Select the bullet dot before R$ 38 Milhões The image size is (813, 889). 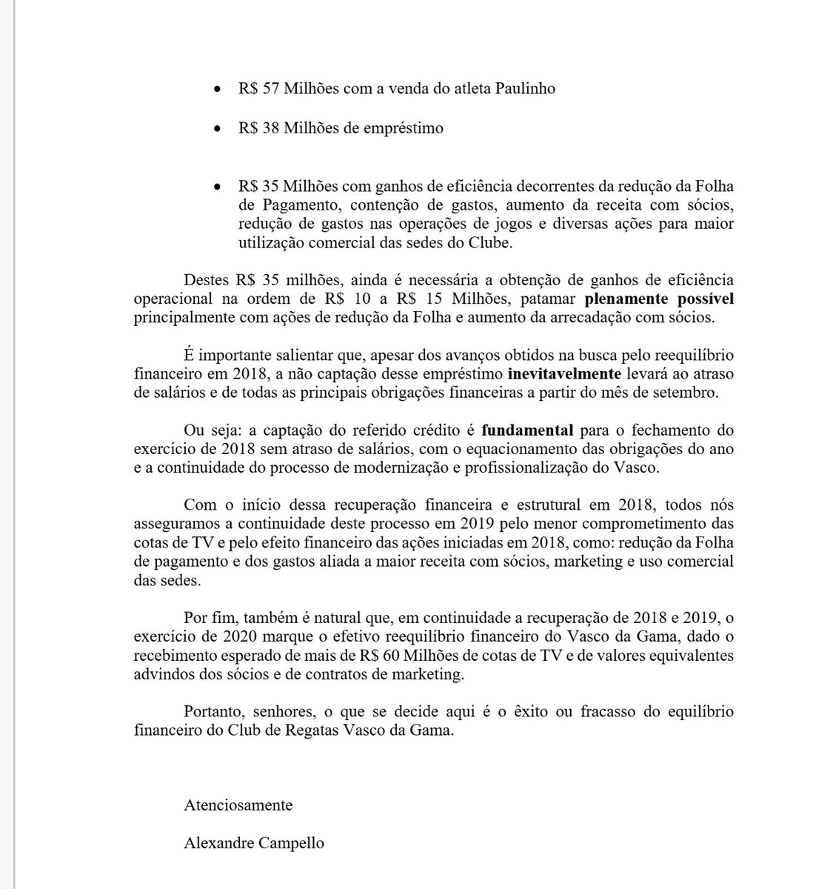pos(216,129)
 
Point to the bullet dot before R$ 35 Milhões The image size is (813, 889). pos(216,187)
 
